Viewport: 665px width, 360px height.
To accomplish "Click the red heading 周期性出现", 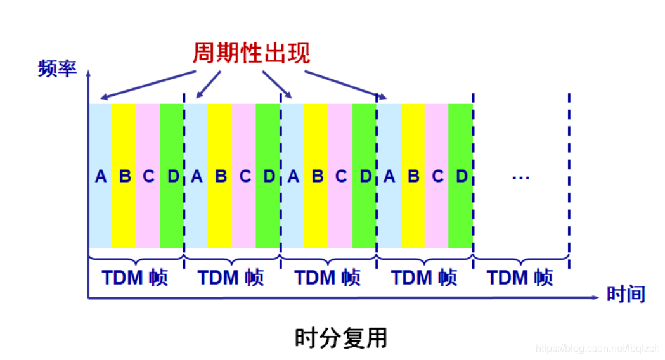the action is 251,53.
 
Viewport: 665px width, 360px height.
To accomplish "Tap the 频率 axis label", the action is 57,68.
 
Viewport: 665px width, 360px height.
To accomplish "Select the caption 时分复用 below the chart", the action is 340,338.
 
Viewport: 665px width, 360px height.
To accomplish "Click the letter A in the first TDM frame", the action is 100,176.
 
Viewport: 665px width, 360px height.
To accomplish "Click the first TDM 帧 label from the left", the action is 135,278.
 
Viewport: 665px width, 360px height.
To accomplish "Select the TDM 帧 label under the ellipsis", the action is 520,278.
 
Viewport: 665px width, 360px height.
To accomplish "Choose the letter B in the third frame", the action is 317,176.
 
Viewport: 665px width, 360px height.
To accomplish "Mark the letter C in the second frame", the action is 245,176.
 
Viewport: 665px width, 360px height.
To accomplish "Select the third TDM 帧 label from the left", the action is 328,278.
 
